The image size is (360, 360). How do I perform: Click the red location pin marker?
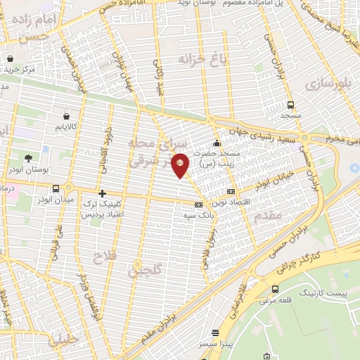181,165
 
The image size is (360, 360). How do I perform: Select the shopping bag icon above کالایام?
65,116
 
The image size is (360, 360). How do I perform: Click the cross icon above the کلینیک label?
103,193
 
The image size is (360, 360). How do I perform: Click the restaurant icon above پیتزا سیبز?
215,333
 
